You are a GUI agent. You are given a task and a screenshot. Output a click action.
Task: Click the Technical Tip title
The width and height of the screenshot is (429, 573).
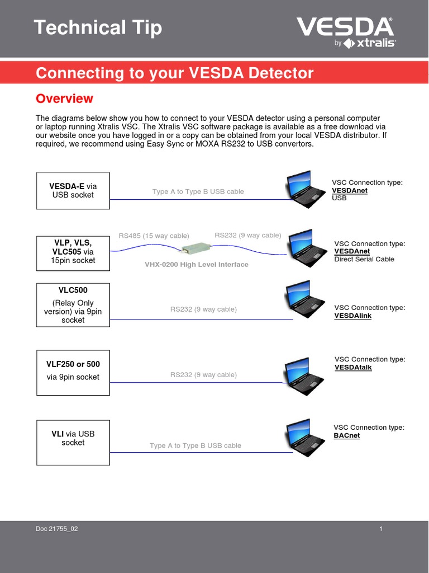pyautogui.click(x=98, y=27)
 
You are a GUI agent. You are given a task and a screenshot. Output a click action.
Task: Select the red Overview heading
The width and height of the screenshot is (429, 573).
pyautogui.click(x=64, y=98)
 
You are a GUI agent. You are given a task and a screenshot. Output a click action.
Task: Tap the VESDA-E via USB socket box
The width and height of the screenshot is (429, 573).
pyautogui.click(x=73, y=190)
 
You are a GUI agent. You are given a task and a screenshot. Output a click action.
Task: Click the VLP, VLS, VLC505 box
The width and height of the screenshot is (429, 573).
pyautogui.click(x=73, y=251)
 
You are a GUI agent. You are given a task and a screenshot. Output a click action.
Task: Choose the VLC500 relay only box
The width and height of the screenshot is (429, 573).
pyautogui.click(x=73, y=305)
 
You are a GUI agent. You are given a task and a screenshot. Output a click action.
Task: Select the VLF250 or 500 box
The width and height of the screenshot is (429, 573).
pyautogui.click(x=73, y=373)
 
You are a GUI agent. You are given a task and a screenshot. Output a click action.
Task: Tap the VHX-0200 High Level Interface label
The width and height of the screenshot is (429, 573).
pyautogui.click(x=197, y=265)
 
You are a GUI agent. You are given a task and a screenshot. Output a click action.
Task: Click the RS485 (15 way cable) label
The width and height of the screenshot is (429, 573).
pyautogui.click(x=154, y=236)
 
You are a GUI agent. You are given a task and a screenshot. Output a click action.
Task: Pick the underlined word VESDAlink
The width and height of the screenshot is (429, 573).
pyautogui.click(x=353, y=316)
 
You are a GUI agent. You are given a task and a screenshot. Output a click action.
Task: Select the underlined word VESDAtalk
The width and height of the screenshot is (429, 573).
pyautogui.click(x=353, y=368)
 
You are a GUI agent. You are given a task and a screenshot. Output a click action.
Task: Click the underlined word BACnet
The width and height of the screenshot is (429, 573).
pyautogui.click(x=347, y=435)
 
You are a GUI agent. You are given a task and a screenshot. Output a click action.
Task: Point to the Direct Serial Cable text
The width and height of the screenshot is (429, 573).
pyautogui.click(x=364, y=259)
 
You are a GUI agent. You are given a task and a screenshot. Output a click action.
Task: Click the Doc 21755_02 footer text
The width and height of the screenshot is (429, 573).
pyautogui.click(x=57, y=529)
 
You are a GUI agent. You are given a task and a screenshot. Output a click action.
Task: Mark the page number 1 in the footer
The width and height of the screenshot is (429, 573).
pyautogui.click(x=380, y=529)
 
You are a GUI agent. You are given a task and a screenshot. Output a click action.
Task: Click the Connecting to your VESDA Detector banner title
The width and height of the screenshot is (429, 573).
pyautogui.click(x=174, y=73)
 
